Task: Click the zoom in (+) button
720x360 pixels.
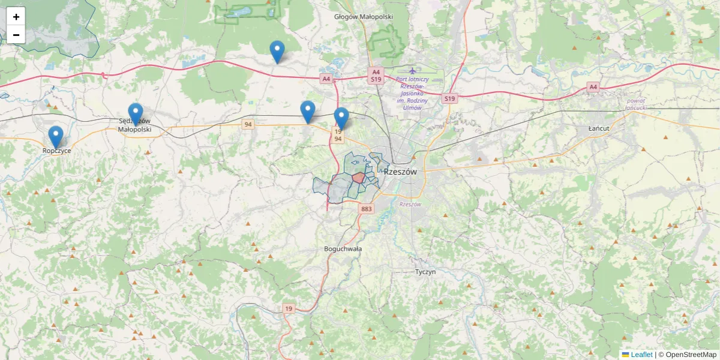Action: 16,17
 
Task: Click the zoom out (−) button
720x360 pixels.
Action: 16,35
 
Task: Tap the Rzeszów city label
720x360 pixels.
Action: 400,172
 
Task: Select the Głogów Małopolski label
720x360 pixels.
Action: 363,17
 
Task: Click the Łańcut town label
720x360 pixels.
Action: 599,129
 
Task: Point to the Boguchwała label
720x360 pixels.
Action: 343,248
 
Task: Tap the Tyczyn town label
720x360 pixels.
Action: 425,272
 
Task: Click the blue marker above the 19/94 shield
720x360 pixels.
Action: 341,118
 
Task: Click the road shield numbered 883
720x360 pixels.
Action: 367,209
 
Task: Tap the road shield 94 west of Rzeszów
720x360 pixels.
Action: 248,124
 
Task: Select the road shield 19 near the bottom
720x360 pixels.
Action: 289,308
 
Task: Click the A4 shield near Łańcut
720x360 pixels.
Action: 593,87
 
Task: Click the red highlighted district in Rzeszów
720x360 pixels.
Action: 358,178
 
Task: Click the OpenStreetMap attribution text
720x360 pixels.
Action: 691,355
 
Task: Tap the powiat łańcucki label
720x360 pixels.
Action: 636,104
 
